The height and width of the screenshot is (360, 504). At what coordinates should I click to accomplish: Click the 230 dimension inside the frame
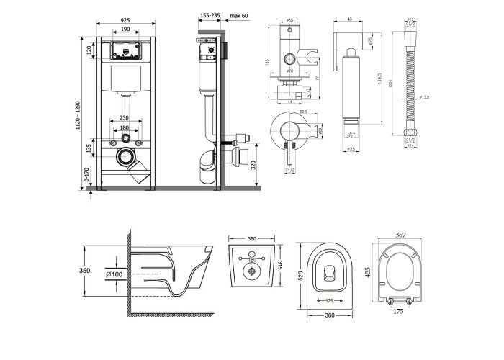point(124,118)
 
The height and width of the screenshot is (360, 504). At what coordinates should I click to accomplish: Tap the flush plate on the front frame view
point(125,51)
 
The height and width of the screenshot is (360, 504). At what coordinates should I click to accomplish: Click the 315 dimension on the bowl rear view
point(280,265)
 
